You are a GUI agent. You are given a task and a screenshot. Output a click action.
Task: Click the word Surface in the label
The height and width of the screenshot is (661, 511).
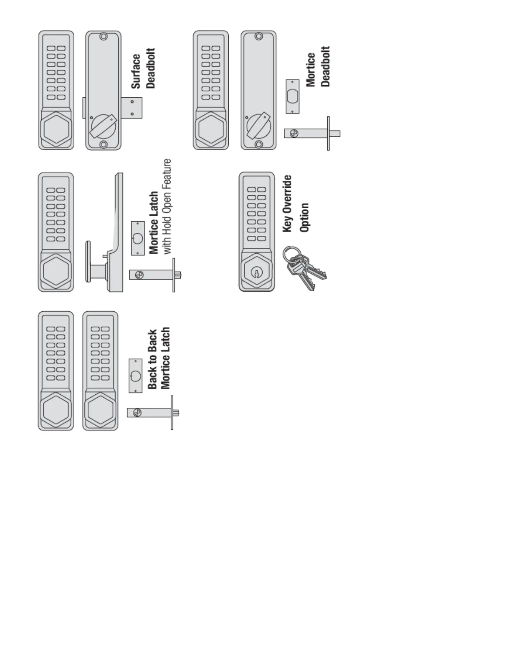tap(136, 71)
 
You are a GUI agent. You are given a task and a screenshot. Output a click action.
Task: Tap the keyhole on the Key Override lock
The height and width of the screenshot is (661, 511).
tap(255, 273)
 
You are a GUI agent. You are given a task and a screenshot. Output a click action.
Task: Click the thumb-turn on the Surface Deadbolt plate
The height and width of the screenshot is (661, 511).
tap(103, 126)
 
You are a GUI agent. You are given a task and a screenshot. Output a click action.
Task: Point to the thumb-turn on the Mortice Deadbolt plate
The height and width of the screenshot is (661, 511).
tap(258, 126)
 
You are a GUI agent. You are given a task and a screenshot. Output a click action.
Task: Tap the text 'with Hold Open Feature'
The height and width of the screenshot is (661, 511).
tap(167, 207)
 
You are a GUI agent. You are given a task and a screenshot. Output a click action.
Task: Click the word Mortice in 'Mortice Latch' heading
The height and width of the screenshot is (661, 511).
tap(154, 236)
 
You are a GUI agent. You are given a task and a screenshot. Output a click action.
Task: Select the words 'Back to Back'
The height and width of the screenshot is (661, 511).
tap(152, 359)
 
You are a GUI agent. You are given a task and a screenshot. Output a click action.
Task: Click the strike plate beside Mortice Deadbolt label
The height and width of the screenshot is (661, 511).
tap(292, 96)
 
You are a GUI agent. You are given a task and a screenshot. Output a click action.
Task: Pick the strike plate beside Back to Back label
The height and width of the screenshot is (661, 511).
tap(135, 376)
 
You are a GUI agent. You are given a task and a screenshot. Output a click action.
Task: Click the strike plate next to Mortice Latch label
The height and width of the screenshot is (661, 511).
tap(138, 238)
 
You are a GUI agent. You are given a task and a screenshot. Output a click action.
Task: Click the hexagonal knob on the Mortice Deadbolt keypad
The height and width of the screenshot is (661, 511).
tap(210, 129)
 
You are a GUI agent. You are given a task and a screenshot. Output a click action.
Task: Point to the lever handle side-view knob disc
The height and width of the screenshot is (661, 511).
tap(88, 262)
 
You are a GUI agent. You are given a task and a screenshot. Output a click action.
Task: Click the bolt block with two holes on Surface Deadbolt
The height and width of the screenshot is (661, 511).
tap(133, 108)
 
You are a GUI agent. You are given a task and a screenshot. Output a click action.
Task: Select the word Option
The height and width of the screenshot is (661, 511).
tap(304, 217)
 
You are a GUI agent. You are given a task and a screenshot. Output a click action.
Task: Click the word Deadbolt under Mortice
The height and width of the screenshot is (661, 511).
tap(326, 66)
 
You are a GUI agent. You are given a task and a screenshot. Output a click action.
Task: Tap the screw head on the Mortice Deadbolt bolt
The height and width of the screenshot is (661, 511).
tap(294, 134)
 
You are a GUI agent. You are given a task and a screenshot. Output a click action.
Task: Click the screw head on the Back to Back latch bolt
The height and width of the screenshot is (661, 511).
tap(137, 413)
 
